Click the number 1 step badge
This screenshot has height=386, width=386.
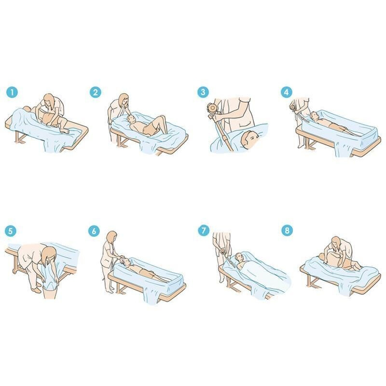click(12, 93)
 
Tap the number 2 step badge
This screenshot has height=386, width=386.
click(95, 92)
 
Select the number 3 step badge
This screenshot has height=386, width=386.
click(203, 92)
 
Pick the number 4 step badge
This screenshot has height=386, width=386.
click(286, 92)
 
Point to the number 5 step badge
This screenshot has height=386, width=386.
click(11, 231)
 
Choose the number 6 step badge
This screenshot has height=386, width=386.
click(94, 231)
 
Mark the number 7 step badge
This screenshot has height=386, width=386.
click(204, 231)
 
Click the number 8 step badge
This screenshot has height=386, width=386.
click(287, 231)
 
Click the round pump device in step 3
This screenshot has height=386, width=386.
click(212, 108)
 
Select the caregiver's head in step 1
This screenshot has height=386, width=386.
click(49, 100)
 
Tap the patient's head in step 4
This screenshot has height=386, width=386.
click(314, 115)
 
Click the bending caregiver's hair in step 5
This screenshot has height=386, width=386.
click(49, 256)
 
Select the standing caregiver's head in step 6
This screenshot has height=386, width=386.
click(112, 237)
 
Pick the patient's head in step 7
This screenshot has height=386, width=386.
click(239, 257)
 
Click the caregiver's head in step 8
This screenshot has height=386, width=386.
click(336, 242)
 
